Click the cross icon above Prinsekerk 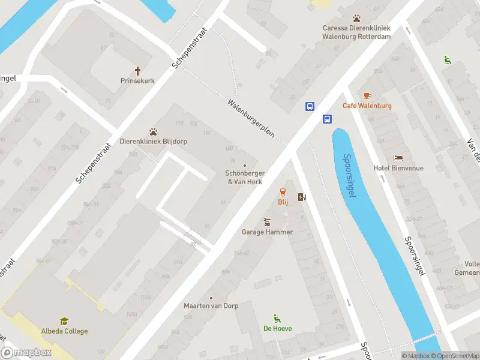tap(137, 70)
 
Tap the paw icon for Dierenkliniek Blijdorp tap(154, 132)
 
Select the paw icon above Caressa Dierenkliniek tap(357, 19)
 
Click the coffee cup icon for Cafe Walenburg tap(367, 95)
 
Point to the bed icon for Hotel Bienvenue tap(398, 158)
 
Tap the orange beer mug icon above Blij tap(283, 192)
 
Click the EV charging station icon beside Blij tap(301, 197)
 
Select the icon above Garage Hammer tap(267, 221)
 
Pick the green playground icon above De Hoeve tap(277, 318)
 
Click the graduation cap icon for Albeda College tap(64, 322)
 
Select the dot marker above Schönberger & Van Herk tap(244, 166)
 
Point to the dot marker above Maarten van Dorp tap(211, 298)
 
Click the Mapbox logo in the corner tap(26, 353)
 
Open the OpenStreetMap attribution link tap(455, 356)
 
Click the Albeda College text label tap(64, 331)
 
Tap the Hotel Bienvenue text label tap(398, 168)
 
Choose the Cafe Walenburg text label tap(367, 106)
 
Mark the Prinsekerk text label tap(137, 80)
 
